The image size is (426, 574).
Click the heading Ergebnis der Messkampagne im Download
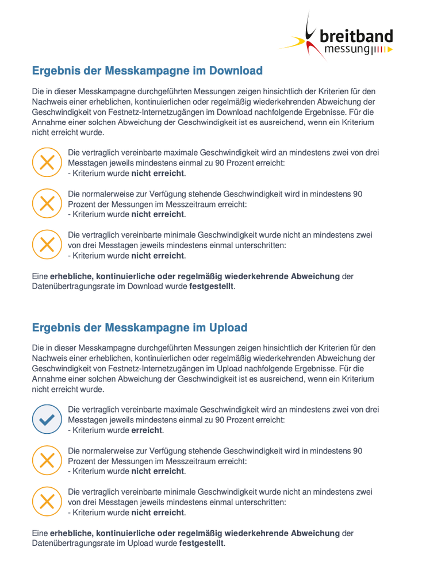point(147,71)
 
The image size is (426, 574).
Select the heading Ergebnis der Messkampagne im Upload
point(140,328)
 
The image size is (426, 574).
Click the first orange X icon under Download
point(46,162)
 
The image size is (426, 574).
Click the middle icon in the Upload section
point(46,460)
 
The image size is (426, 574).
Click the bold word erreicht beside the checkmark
point(147,430)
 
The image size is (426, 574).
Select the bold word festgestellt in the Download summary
point(212,286)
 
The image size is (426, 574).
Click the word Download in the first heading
point(235,71)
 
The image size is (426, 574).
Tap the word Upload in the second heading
point(228,328)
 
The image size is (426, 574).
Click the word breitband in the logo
point(356,36)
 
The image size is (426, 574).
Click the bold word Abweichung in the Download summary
point(314,276)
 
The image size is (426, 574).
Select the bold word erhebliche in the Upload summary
point(71,533)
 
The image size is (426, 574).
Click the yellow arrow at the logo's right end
point(390,51)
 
